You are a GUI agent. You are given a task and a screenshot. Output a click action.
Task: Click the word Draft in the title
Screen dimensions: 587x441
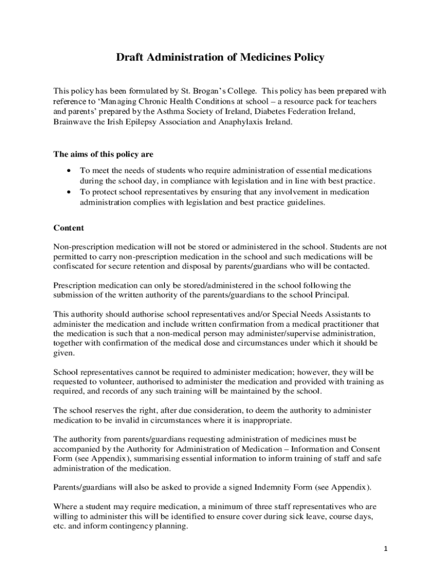click(130, 57)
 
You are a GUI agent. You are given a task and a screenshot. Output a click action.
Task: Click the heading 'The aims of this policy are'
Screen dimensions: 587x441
click(103, 154)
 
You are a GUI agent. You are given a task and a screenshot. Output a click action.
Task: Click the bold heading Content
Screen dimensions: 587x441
click(69, 228)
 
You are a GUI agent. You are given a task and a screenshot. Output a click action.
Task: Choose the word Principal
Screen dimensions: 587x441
click(332, 295)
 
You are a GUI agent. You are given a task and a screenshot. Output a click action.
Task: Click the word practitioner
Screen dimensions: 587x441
click(357, 324)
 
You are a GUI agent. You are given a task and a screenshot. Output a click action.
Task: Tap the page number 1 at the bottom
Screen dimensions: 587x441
click(386, 549)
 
